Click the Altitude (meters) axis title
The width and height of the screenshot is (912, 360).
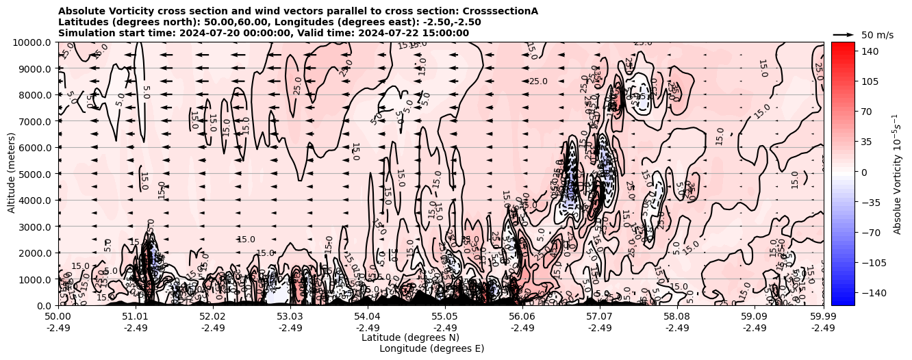(x=12, y=174)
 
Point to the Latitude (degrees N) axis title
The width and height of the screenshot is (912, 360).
(x=410, y=337)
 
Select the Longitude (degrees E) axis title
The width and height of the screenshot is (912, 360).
(x=431, y=348)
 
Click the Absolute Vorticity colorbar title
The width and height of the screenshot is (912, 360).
(x=897, y=174)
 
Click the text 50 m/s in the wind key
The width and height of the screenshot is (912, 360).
(x=877, y=35)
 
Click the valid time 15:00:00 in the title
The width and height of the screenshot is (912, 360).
(x=446, y=33)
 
